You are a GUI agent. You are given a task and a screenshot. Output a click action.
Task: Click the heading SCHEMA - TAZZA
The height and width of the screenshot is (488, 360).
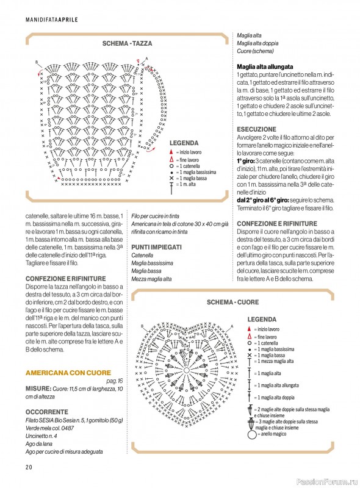click(x=127, y=43)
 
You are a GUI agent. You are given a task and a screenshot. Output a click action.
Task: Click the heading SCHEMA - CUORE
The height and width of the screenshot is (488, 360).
click(x=232, y=302)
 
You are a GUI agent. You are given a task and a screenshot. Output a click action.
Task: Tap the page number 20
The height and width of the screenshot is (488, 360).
click(x=29, y=467)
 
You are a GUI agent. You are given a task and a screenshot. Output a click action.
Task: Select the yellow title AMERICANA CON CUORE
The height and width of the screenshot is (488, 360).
click(x=68, y=373)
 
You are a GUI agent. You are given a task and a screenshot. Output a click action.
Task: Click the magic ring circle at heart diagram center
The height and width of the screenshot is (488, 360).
click(x=187, y=370)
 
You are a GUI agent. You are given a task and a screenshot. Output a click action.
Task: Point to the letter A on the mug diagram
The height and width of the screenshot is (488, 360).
click(x=146, y=59)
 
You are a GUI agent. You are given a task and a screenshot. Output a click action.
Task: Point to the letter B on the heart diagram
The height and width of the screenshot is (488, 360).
click(x=142, y=326)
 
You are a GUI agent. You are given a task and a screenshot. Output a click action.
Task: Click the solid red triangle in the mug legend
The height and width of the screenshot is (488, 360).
click(x=171, y=152)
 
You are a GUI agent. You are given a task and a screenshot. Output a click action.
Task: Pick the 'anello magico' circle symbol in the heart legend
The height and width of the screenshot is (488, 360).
click(x=251, y=434)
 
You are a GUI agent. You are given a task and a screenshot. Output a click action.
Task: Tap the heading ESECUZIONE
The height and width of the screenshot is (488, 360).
click(x=256, y=129)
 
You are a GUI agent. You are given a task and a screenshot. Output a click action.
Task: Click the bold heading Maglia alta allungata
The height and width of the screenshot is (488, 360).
click(x=265, y=66)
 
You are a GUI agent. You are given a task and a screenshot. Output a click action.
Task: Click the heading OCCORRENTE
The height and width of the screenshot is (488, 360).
click(x=47, y=412)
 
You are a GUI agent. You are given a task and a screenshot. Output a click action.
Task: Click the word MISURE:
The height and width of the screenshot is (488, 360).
click(x=38, y=389)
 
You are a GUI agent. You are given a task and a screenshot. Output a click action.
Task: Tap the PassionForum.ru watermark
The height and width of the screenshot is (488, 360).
click(x=327, y=481)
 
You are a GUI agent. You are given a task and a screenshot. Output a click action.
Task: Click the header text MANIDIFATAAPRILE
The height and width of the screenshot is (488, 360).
click(x=52, y=20)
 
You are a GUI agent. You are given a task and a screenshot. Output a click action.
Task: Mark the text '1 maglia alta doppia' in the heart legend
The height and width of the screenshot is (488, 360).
click(x=276, y=398)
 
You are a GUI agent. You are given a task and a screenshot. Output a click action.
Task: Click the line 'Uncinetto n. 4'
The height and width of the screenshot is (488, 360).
click(x=41, y=436)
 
